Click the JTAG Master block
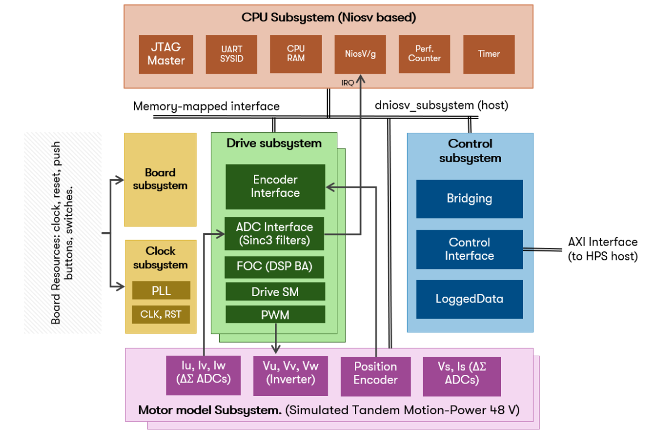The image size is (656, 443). coord(166,54)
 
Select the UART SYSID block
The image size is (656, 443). coord(232,54)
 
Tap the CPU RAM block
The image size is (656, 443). coord(295,54)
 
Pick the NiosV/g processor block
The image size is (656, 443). coord(360,54)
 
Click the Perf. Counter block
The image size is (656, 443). coord(424,54)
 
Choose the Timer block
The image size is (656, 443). coord(488,54)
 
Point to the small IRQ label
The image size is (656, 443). coord(348,83)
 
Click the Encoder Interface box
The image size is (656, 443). coord(275,187)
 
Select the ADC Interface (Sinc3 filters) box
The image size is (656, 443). coord(275,234)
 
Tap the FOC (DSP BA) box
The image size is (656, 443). coord(275,266)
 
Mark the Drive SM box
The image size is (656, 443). coord(275,292)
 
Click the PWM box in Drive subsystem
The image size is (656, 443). coord(275,315)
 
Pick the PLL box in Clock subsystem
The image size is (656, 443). coord(161,290)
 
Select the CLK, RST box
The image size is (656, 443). coord(161,314)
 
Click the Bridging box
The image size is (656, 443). coord(469,199)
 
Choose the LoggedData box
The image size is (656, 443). coord(469,299)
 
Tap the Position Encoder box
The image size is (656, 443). coord(375,374)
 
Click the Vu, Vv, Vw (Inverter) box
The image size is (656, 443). coord(287,374)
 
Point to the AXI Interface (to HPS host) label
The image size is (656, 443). coord(603,250)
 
